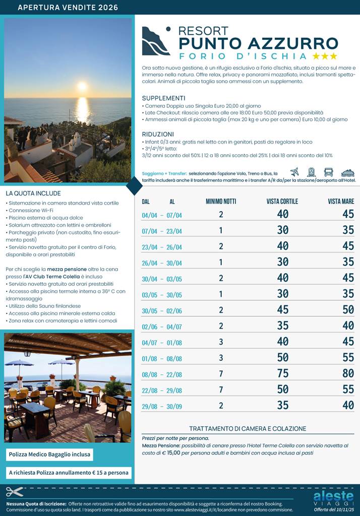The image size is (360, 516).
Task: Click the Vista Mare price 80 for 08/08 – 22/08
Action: pos(348,374)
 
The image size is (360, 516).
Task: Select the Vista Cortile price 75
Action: pos(283,374)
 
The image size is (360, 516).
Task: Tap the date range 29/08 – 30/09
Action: pos(162,406)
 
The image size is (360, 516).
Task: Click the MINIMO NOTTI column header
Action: pos(221,202)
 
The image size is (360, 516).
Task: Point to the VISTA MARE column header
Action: pos(341,202)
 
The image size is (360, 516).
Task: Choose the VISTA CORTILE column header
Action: pos(282,202)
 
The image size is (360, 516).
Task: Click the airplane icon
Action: pos(295,172)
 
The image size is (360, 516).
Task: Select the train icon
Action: pos(311,172)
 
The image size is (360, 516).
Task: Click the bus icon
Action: pos(328,172)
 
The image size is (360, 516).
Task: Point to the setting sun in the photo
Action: pos(82,87)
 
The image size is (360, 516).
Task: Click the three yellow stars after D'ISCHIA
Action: pos(325,56)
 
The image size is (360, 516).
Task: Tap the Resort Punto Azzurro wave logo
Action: pos(156,41)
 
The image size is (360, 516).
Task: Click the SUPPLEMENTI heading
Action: pos(163,98)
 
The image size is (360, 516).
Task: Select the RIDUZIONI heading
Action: pos(158,135)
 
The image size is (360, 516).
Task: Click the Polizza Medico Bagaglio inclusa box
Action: pos(49,455)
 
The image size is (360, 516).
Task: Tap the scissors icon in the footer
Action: pos(15,492)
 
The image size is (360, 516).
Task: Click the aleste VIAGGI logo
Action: pos(333,498)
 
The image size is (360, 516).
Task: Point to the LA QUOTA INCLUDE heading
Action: pos(33,193)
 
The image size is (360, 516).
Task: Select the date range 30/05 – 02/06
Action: pos(162,310)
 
